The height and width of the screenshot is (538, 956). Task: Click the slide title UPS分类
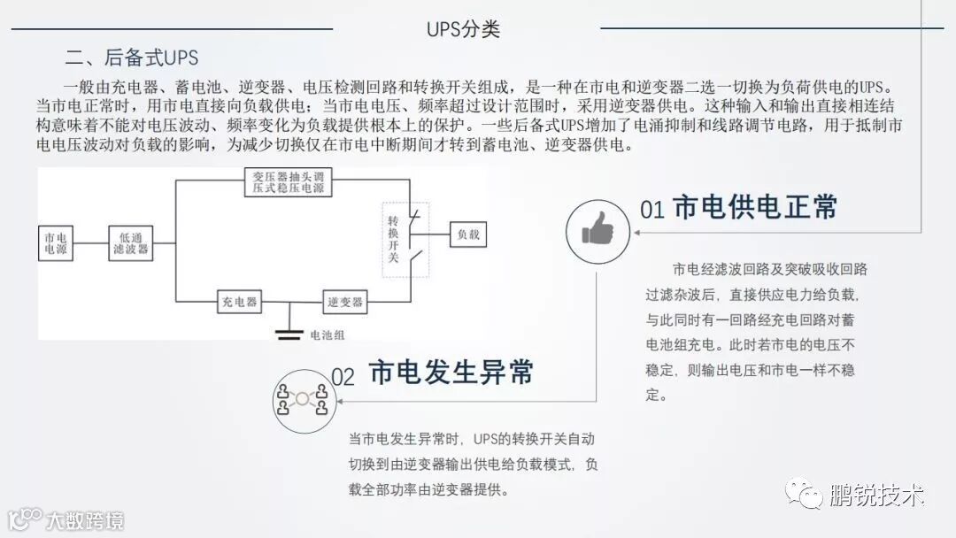463,28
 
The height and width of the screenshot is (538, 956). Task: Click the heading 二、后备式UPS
132,58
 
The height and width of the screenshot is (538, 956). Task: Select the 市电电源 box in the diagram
56,243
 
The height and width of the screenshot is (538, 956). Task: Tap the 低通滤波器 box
131,243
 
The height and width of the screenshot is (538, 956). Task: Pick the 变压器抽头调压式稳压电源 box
285,181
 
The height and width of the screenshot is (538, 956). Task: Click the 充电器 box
239,302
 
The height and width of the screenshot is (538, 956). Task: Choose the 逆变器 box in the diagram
343,302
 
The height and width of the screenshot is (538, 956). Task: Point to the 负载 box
467,234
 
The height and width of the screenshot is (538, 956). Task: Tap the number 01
652,210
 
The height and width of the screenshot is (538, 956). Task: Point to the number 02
343,377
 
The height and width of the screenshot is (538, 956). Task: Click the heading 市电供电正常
755,207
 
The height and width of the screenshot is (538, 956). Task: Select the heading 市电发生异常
451,373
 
